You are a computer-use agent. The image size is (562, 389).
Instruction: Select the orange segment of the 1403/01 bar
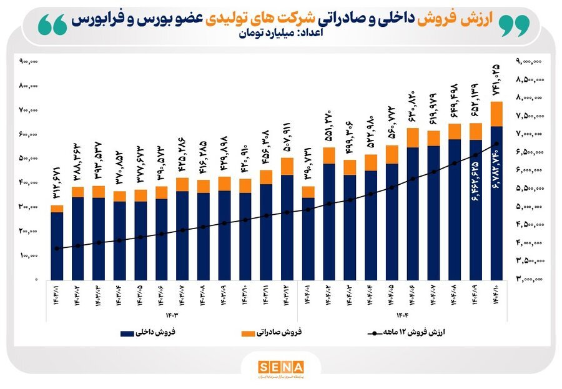(57, 209)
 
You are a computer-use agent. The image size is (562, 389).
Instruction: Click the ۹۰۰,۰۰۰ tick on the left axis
(29, 61)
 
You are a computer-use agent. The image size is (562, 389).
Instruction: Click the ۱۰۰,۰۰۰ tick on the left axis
(29, 255)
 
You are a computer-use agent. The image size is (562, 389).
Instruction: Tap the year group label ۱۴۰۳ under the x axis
(170, 314)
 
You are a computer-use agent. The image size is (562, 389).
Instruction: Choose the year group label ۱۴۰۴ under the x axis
(402, 314)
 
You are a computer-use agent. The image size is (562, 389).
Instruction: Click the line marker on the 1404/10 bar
(496, 144)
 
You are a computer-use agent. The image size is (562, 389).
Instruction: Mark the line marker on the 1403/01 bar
(57, 249)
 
